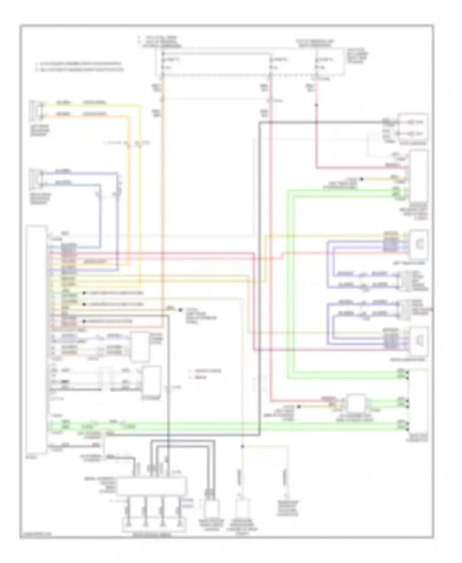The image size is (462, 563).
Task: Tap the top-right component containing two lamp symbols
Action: click(x=413, y=128)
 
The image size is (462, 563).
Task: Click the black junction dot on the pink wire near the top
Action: click(x=316, y=105)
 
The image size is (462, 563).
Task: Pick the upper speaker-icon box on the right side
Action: click(x=419, y=244)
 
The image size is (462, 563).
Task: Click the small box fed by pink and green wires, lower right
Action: click(x=356, y=403)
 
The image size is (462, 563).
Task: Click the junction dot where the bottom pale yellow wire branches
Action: click(x=243, y=446)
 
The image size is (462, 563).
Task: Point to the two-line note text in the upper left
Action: click(x=79, y=67)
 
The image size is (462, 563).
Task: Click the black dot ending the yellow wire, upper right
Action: click(x=362, y=179)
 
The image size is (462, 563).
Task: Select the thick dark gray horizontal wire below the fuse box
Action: click(x=320, y=123)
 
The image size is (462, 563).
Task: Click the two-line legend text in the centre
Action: click(x=205, y=374)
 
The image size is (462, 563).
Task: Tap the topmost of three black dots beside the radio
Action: click(x=84, y=293)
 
